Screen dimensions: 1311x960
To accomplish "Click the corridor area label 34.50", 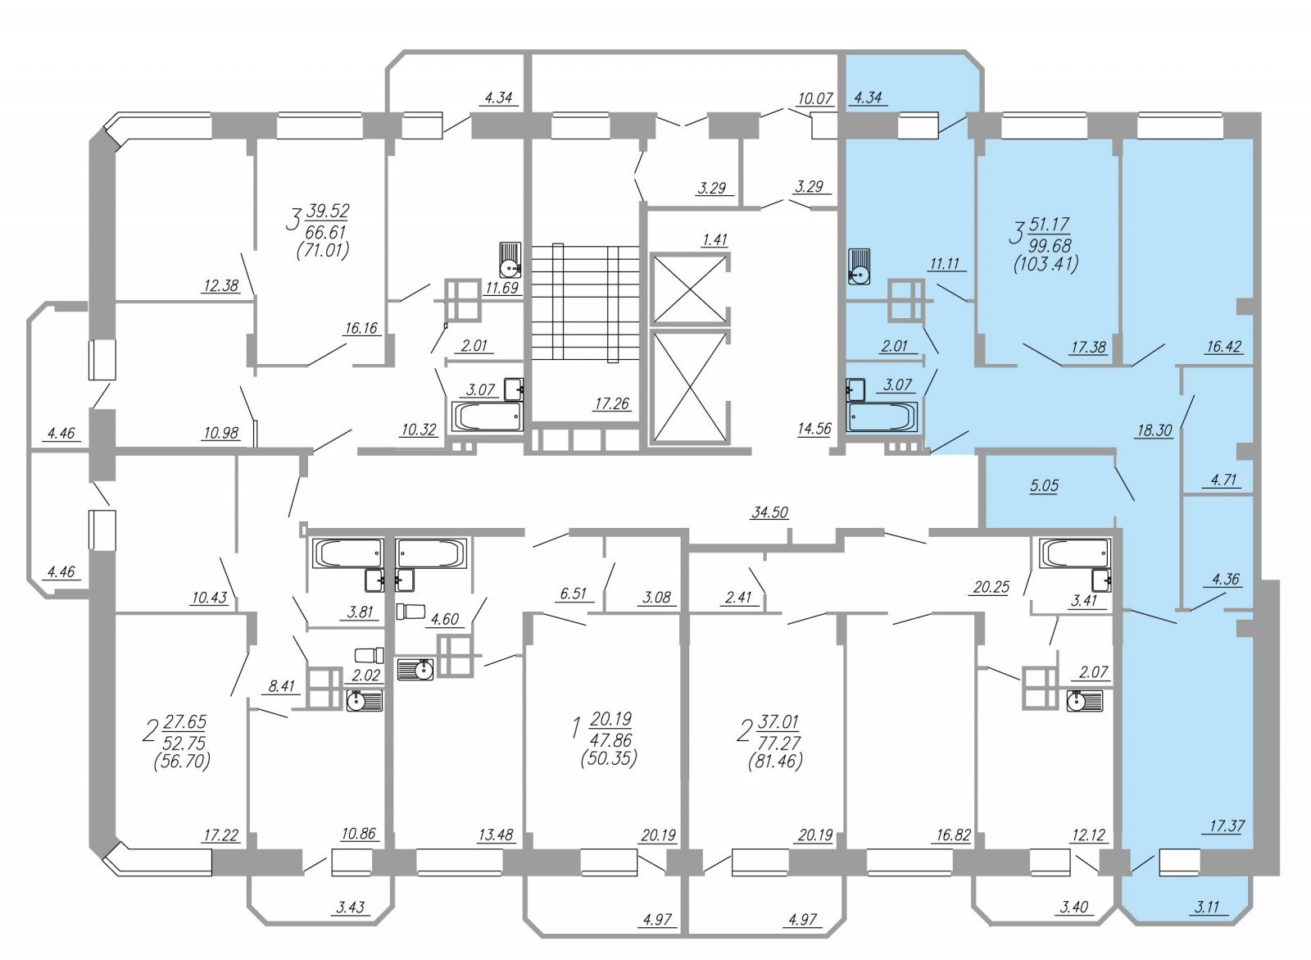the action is point(769,512).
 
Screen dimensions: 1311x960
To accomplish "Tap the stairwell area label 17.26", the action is point(611,403).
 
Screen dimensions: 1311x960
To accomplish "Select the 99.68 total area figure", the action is point(1050,245).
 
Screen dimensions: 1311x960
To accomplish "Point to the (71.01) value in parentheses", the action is point(323,251).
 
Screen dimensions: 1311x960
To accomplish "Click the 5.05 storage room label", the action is point(1045,485).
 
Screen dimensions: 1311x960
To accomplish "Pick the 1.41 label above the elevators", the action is point(714,239).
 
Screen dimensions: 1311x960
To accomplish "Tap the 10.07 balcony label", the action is point(814,98).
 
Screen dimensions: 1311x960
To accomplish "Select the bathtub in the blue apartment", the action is point(883,417).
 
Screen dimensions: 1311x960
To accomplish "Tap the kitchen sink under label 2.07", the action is point(1085,700).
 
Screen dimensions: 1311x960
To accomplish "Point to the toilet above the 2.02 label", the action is point(370,655).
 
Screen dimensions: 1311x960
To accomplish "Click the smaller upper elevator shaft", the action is point(689,288).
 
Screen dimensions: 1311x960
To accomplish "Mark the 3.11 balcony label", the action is point(1206,908).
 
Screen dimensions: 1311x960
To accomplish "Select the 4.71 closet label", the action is point(1223,480).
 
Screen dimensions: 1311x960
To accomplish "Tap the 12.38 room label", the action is point(221,285).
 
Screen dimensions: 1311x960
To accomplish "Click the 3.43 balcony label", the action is point(350,908).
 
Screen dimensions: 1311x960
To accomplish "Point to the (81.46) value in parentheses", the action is point(775,762).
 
